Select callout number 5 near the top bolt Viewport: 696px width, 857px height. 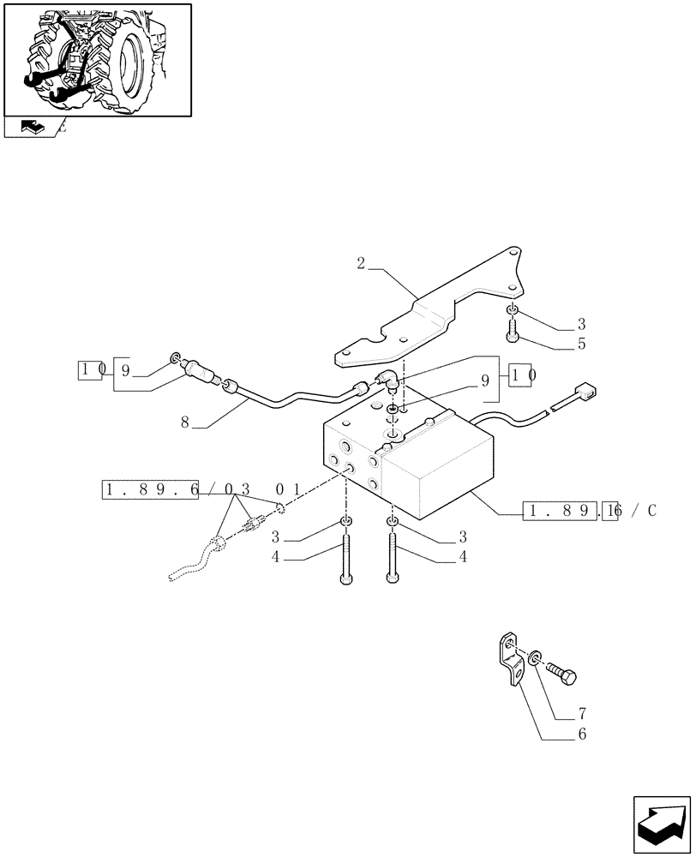[581, 345]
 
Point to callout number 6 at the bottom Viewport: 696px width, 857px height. [583, 734]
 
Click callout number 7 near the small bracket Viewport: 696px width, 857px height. [583, 713]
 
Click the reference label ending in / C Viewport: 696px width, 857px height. [590, 512]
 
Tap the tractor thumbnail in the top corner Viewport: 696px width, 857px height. [97, 59]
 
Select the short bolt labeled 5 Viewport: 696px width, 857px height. [511, 329]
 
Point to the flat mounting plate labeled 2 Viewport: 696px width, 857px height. [429, 317]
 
